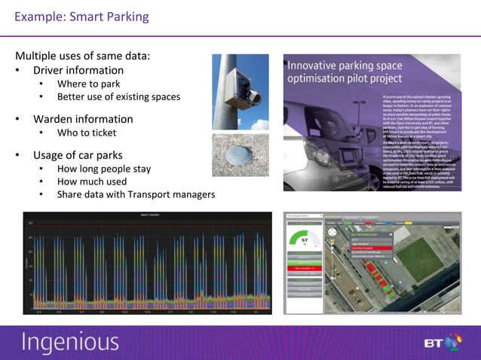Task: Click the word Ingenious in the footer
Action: point(70,343)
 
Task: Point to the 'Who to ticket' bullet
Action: point(87,133)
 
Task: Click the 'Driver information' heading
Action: point(78,70)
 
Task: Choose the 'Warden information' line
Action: point(82,119)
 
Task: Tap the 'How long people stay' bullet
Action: point(104,169)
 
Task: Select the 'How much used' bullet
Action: point(92,182)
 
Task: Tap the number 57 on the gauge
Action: point(304,240)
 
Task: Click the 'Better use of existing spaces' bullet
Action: point(118,96)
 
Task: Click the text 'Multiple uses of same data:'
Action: point(82,56)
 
